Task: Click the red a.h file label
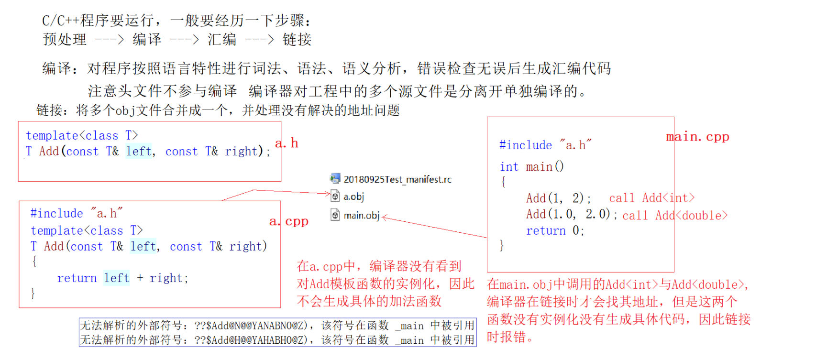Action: pos(287,143)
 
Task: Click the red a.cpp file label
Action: pos(289,221)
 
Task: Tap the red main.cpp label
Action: pos(697,137)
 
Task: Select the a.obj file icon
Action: pos(335,196)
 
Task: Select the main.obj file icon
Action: pos(335,215)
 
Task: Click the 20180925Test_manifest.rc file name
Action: pos(397,179)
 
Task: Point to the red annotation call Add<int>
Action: pos(651,198)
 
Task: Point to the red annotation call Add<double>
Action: pos(674,216)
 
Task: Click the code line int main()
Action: pos(532,166)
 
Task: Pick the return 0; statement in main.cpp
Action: pos(555,230)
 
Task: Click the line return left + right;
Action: pos(122,278)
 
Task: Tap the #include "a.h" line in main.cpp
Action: pos(545,145)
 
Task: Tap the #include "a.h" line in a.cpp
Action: pos(77,213)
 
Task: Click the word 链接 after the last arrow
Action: pos(297,39)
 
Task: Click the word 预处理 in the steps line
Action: pos(65,39)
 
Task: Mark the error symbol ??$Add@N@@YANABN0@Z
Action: pos(251,326)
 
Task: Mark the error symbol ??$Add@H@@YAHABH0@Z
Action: pos(251,340)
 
